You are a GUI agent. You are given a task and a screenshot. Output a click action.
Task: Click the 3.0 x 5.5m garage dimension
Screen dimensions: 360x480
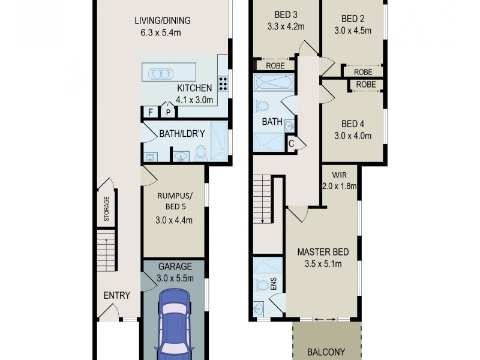pyautogui.click(x=174, y=278)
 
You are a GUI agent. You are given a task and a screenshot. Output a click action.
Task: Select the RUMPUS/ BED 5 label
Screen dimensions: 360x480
pyautogui.click(x=174, y=201)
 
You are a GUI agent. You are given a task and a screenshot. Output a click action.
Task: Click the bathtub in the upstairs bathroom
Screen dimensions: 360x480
pyautogui.click(x=273, y=82)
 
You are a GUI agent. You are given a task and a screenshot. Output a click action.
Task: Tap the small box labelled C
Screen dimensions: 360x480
pyautogui.click(x=291, y=142)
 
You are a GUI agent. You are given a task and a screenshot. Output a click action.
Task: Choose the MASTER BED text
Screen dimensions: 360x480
pyautogui.click(x=323, y=252)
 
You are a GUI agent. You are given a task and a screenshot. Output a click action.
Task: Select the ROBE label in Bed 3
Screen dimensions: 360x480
pyautogui.click(x=275, y=64)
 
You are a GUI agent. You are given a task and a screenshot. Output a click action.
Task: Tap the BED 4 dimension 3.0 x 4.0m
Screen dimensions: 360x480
pyautogui.click(x=353, y=136)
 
